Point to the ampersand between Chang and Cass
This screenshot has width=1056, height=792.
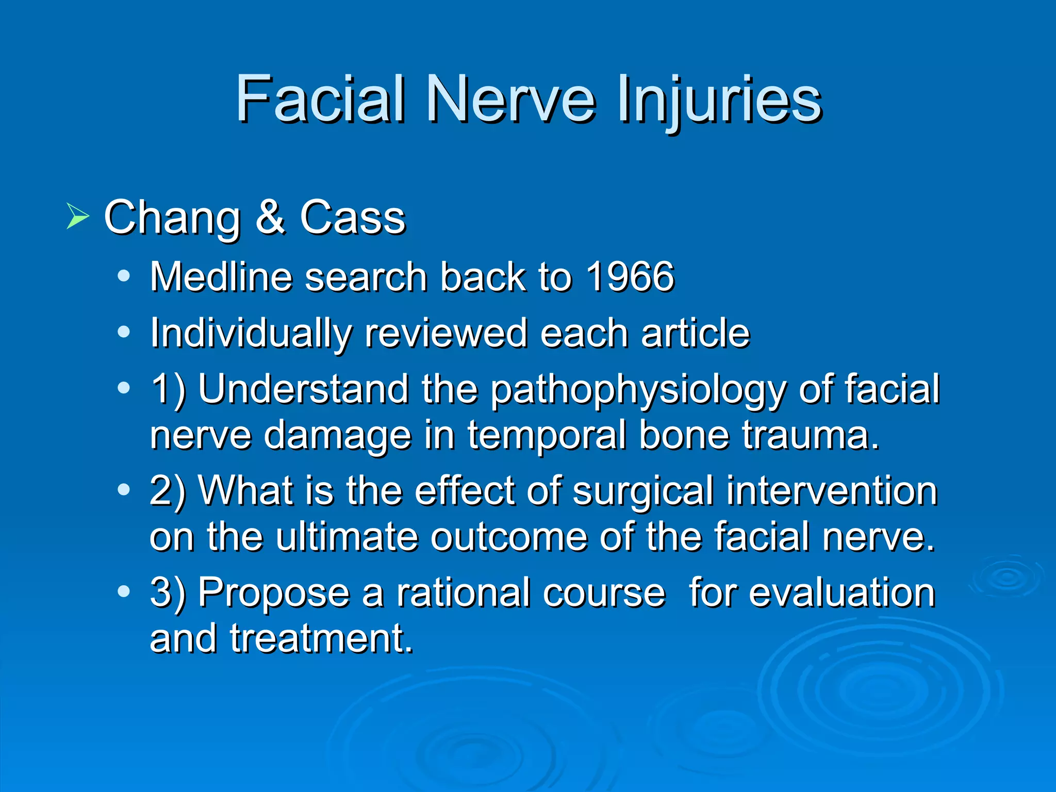[x=270, y=217]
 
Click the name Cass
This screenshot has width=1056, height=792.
[x=353, y=217]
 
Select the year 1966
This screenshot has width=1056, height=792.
[x=630, y=277]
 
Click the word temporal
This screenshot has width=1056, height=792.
[x=547, y=435]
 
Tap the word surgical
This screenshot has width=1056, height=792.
[x=642, y=491]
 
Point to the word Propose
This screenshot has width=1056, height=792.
[x=274, y=593]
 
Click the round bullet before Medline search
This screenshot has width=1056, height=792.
[x=123, y=276]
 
